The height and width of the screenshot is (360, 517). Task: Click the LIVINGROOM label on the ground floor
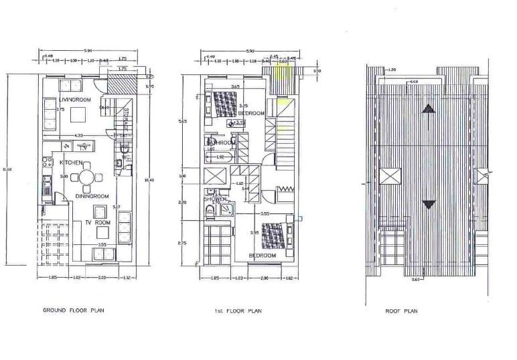pos(75,100)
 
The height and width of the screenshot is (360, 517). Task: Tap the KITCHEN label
pos(70,163)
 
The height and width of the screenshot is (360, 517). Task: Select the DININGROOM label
pos(91,196)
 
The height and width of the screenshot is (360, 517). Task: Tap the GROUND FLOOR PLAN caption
pos(74,310)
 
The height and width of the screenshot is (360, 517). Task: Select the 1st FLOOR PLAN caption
pos(239,310)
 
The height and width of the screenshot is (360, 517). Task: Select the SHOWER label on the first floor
pos(215,199)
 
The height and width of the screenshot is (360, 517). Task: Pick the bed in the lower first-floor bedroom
pos(275,235)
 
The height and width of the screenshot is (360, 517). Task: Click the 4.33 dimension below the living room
pos(78,136)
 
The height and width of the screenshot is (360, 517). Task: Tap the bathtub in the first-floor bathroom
pos(221,158)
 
